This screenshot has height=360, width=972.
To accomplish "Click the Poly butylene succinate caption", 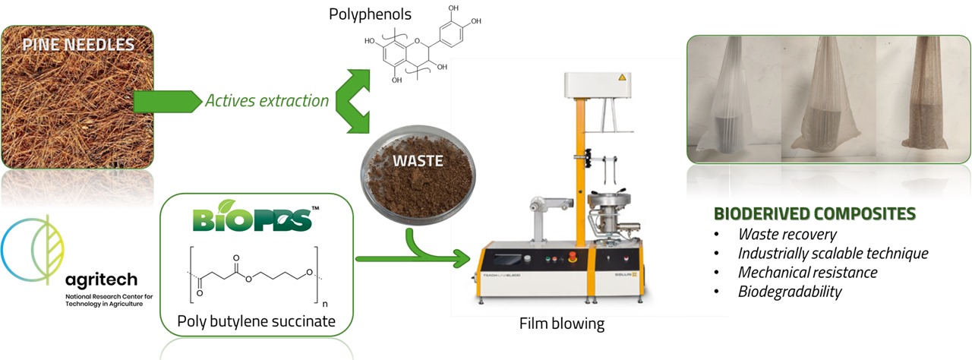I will pyautogui.click(x=256, y=321).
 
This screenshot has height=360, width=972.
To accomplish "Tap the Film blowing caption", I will pyautogui.click(x=562, y=324).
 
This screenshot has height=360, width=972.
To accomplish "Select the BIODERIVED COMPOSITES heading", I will pyautogui.click(x=815, y=214).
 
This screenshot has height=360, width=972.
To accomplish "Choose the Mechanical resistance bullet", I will pyautogui.click(x=807, y=272).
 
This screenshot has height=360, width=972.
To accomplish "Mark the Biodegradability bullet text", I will pyautogui.click(x=790, y=291).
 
